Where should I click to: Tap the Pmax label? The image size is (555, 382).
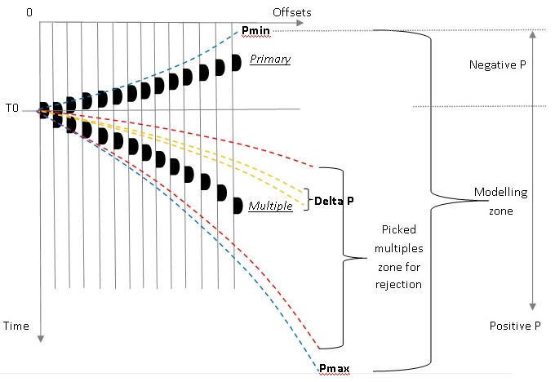(335, 369)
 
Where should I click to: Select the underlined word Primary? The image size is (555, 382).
(270, 60)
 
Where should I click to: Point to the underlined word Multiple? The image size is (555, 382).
(270, 207)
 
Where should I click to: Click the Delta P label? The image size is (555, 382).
(334, 199)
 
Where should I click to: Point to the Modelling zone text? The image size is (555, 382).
(500, 201)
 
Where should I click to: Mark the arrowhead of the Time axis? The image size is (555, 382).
(39, 338)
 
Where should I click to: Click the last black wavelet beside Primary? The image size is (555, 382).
(236, 60)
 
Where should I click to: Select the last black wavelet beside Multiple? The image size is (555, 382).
(236, 205)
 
